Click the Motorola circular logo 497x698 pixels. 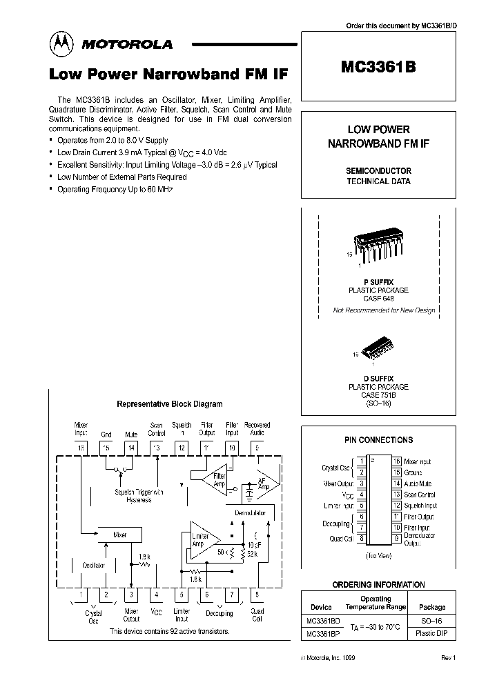[61, 44]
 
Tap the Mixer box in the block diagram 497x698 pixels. [119, 535]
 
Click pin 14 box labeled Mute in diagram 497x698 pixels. [131, 448]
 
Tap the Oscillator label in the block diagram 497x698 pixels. [93, 565]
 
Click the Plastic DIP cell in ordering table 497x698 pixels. [432, 633]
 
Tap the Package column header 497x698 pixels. [432, 607]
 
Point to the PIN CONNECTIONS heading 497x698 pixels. [378, 439]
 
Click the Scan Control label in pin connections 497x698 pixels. [419, 495]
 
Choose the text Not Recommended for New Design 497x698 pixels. [384, 310]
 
